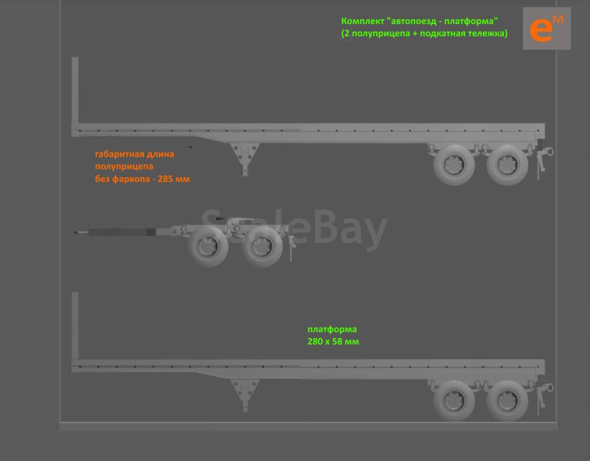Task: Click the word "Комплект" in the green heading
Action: [x=362, y=21]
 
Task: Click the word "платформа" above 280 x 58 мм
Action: [x=332, y=329]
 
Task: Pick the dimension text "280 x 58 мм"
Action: [x=333, y=342]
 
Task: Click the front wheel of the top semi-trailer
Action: [x=454, y=165]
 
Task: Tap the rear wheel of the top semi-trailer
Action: [x=507, y=165]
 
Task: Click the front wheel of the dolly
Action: [x=208, y=246]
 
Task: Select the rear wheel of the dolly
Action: [x=262, y=247]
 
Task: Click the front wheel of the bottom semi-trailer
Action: [x=454, y=401]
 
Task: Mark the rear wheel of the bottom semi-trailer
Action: [x=507, y=401]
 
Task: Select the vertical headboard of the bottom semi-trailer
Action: [x=75, y=326]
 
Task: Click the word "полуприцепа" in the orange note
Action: [x=124, y=166]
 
